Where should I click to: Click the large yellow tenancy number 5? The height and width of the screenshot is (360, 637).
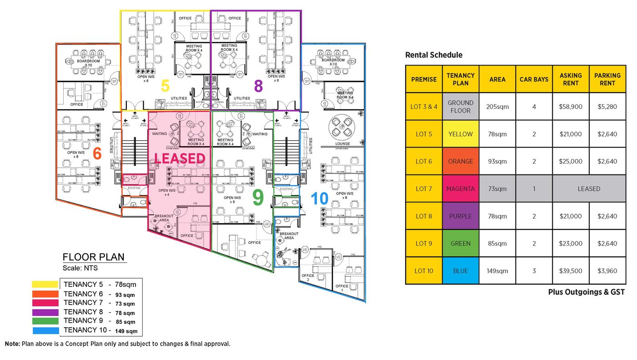tap(166, 85)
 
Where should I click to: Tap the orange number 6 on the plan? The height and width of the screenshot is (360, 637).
tap(97, 154)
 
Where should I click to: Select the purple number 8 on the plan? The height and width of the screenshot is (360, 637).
tap(258, 85)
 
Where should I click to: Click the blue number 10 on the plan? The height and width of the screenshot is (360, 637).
tap(320, 198)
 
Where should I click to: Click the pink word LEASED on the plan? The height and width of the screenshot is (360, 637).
tap(180, 158)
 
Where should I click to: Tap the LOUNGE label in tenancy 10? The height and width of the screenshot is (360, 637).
tap(343, 144)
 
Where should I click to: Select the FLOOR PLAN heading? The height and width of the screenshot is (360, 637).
tap(93, 257)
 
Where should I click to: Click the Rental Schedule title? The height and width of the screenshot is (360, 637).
tap(433, 55)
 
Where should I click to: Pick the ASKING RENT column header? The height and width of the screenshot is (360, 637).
tap(571, 79)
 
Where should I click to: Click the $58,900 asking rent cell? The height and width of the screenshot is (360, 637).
tap(571, 106)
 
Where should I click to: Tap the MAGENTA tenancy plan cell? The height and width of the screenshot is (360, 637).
tap(460, 189)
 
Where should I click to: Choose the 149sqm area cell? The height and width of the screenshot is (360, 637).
tap(497, 271)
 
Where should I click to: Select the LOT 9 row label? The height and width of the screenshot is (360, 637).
tap(424, 244)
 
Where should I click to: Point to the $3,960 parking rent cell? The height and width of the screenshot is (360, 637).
tap(607, 271)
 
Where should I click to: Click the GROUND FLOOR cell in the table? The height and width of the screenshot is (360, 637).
tap(460, 106)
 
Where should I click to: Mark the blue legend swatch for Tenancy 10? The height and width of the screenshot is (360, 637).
tap(45, 330)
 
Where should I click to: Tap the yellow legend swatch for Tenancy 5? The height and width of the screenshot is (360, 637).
tap(45, 285)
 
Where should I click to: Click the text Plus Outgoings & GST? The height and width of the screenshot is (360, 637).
tap(586, 292)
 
